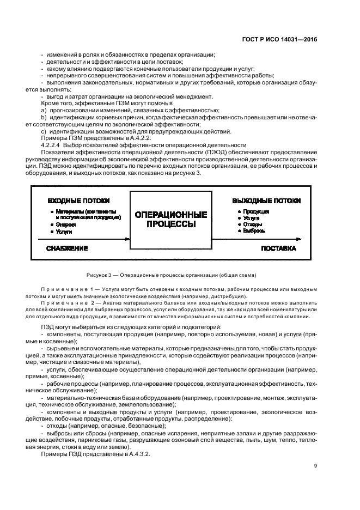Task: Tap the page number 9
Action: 315,465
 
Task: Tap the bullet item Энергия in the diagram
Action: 65,224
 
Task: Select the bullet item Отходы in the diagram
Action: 253,224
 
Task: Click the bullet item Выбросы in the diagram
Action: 254,231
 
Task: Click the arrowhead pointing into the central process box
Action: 126,238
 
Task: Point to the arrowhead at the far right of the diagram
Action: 300,238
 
